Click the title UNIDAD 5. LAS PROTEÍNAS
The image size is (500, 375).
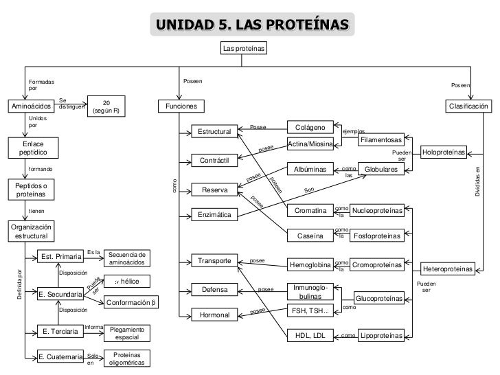(x=252, y=25)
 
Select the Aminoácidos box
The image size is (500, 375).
(x=31, y=106)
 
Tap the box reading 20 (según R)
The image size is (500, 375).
(x=106, y=107)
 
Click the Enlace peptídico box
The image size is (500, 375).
(x=32, y=148)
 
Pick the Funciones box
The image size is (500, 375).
(x=181, y=106)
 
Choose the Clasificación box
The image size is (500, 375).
(x=468, y=106)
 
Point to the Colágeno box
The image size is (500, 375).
(x=310, y=127)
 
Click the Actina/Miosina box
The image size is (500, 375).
(x=310, y=144)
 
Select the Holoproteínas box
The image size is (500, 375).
(x=444, y=151)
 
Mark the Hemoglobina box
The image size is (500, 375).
(x=310, y=264)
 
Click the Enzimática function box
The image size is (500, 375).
(x=216, y=216)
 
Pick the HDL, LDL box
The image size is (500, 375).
(x=310, y=336)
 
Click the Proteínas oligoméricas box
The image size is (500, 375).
(x=127, y=359)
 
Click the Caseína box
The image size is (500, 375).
(x=310, y=236)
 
